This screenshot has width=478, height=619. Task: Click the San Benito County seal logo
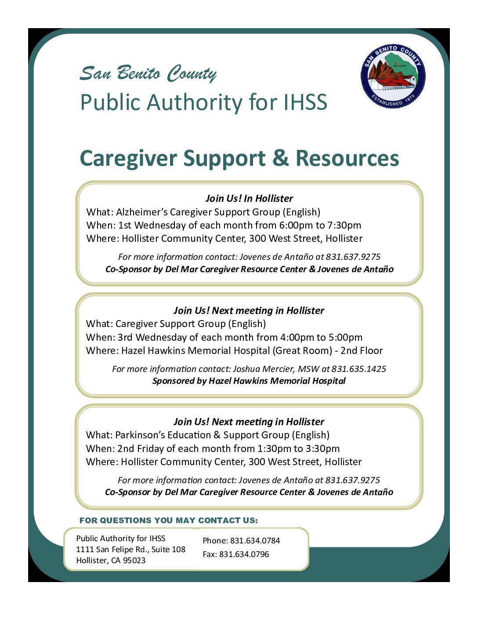(393, 76)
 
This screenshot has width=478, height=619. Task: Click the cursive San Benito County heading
(148, 73)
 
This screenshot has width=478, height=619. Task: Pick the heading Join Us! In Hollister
(249, 198)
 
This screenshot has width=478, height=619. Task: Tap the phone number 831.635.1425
(359, 369)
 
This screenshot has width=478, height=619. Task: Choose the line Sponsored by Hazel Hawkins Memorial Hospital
(249, 381)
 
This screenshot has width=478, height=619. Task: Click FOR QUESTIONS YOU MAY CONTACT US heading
(169, 521)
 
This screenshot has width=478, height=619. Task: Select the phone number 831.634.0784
(255, 541)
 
